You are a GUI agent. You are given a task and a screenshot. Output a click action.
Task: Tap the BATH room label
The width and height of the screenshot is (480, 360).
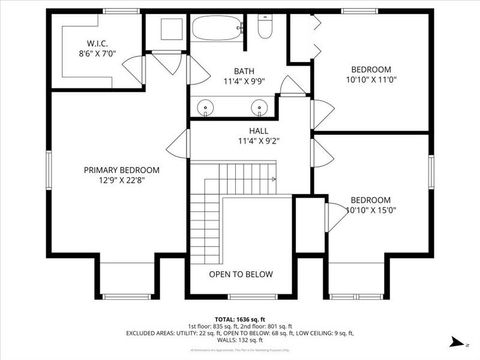coord(244,70)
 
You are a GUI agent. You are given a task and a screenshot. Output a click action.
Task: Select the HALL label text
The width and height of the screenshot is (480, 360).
coord(259,131)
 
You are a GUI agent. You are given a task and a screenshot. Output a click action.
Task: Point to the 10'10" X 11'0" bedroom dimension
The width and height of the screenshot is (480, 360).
coord(369,80)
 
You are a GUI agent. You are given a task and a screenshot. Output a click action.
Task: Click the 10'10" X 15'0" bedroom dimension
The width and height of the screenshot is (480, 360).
coord(370,210)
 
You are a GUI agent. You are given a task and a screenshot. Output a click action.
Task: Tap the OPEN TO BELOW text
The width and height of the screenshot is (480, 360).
coord(240,273)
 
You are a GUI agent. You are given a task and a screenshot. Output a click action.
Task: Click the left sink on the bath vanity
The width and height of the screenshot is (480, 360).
coord(206,105)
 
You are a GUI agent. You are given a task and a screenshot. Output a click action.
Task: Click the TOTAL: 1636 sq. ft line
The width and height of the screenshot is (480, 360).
coord(240,317)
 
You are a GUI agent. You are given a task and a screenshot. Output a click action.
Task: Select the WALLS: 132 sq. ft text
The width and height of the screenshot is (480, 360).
coord(240,340)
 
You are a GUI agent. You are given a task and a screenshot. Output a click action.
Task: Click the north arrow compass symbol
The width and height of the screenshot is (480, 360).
coord(457,341)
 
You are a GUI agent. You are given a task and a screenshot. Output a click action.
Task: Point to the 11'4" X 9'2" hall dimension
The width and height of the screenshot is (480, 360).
coord(259,141)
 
